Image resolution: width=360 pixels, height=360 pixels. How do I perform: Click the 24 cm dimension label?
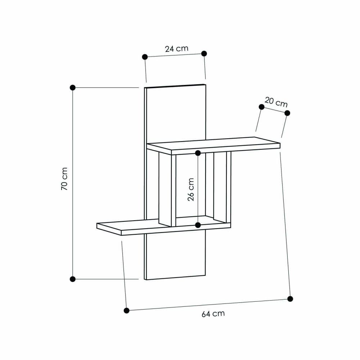coord(176,49)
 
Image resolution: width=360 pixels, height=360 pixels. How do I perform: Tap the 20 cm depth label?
coord(276,102)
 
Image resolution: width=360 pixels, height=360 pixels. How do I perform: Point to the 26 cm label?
coord(191,189)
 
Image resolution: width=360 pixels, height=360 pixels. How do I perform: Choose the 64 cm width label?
coord(213,314)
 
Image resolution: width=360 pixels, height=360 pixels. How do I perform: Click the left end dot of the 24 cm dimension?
coord(145,57)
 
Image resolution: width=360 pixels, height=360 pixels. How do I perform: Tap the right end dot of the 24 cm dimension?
coord(204,53)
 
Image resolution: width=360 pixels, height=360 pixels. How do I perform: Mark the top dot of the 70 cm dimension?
coord(72,87)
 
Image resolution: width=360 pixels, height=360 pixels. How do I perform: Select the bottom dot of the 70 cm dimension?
coord(72,279)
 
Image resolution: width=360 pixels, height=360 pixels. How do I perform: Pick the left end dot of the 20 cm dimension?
coord(262,107)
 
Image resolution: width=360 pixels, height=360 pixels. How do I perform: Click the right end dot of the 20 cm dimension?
coord(287,113)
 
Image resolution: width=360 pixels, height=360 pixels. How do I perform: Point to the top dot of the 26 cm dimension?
coord(198,153)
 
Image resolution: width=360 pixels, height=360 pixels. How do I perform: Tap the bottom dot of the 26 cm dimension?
coord(198,225)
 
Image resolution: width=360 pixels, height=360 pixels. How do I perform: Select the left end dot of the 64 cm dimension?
coord(126,310)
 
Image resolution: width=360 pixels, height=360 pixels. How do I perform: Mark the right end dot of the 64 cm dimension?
coord(290,299)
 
